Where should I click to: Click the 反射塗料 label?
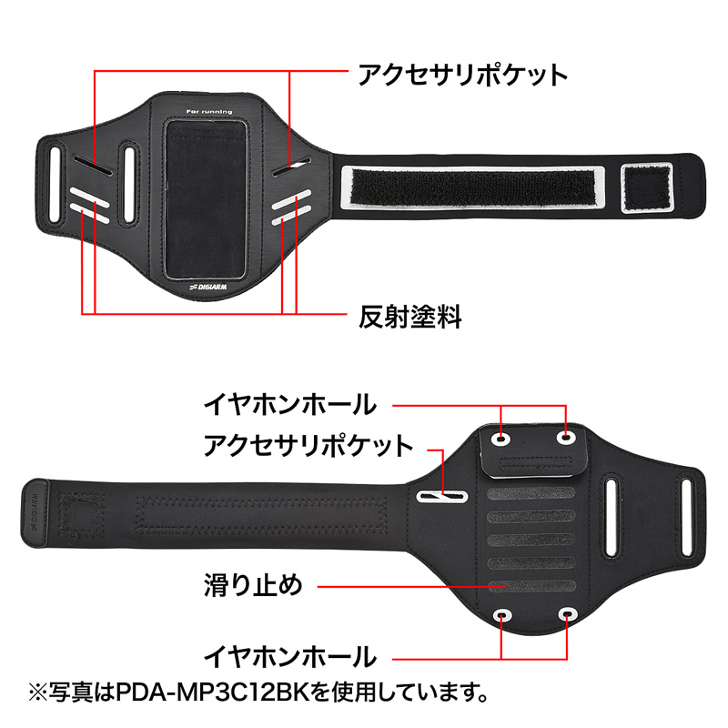(410, 317)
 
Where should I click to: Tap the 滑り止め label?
(253, 585)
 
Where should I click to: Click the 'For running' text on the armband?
(209, 111)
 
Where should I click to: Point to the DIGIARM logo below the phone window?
(208, 287)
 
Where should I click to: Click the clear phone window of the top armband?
(206, 199)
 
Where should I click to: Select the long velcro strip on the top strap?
(473, 187)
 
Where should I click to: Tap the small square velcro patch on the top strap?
(647, 187)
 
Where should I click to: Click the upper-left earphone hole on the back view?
(501, 439)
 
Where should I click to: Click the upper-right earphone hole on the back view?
(566, 437)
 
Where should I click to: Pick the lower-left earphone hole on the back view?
(502, 616)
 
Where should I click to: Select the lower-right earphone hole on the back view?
(567, 615)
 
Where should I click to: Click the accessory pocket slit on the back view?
(441, 496)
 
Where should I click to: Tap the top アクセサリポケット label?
(463, 75)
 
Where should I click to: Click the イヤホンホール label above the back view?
(290, 404)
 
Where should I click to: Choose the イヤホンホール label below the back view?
(290, 657)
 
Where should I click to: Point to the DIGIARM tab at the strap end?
(35, 514)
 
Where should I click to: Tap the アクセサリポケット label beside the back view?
(308, 445)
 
